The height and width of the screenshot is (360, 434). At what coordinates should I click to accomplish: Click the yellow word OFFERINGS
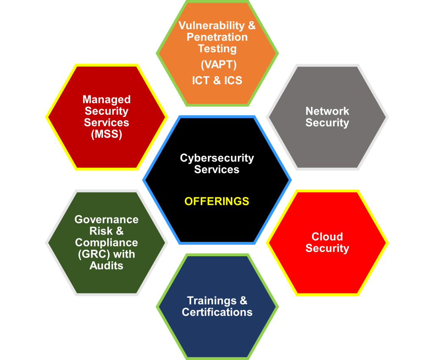pyautogui.click(x=217, y=201)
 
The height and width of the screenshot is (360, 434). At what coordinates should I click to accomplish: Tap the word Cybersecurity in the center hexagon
pyautogui.click(x=217, y=158)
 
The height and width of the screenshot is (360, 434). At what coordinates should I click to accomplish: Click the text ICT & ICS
pyautogui.click(x=217, y=80)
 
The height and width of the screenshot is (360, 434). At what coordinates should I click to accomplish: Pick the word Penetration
pyautogui.click(x=217, y=37)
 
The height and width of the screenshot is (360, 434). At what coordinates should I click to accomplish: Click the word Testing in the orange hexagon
pyautogui.click(x=217, y=48)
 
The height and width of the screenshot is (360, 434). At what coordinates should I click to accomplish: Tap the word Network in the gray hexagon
pyautogui.click(x=327, y=111)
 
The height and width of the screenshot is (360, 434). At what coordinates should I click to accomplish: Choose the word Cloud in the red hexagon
pyautogui.click(x=327, y=236)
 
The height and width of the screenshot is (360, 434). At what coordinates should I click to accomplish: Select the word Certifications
pyautogui.click(x=217, y=312)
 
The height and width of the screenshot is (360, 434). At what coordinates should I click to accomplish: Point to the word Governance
pyautogui.click(x=106, y=219)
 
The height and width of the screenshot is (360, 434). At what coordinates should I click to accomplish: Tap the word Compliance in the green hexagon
pyautogui.click(x=106, y=243)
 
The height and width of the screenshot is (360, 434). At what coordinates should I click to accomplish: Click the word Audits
pyautogui.click(x=106, y=266)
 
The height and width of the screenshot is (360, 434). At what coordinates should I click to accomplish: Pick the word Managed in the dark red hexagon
pyautogui.click(x=106, y=100)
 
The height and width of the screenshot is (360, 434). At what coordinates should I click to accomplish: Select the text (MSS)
pyautogui.click(x=106, y=134)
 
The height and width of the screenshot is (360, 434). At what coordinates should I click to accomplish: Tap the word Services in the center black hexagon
pyautogui.click(x=217, y=169)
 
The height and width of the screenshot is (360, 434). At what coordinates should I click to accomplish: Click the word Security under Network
pyautogui.click(x=327, y=123)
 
